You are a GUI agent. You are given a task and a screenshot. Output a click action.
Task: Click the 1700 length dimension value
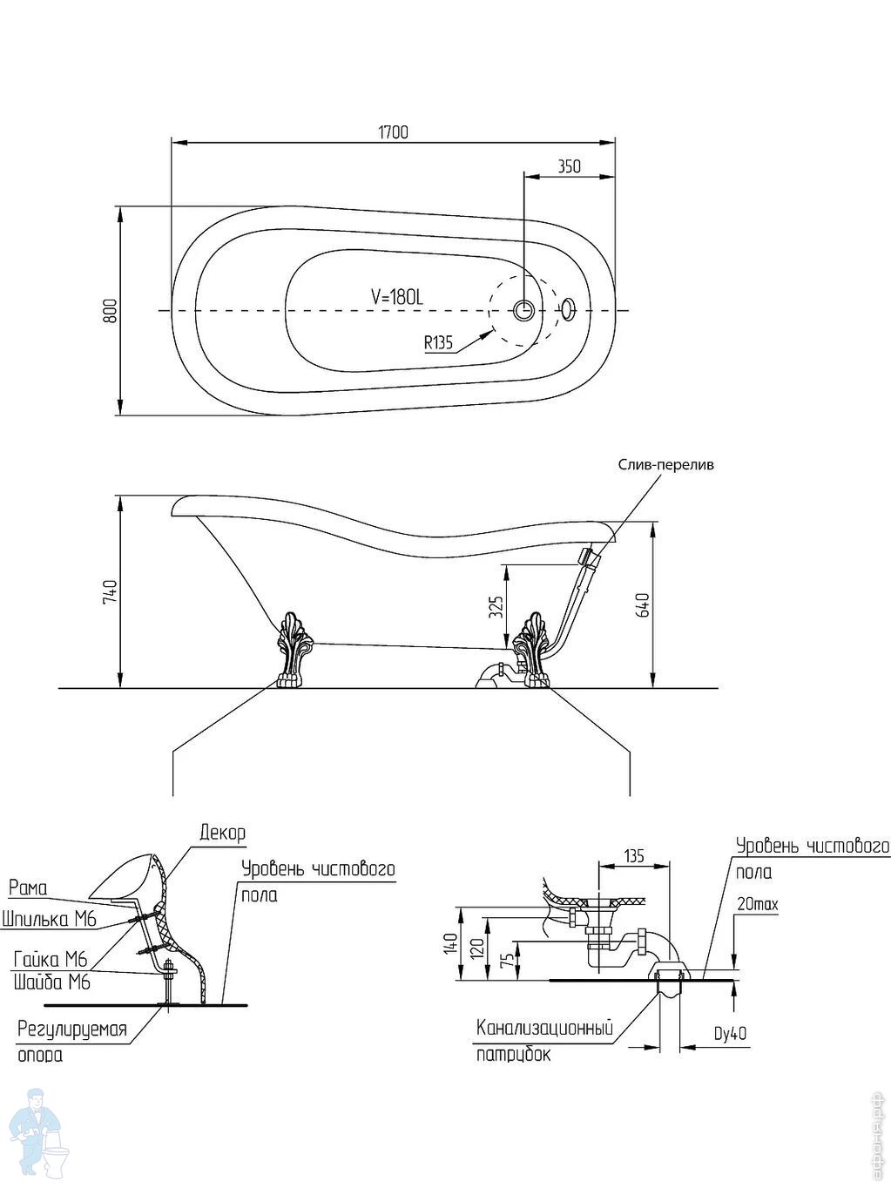click(x=393, y=132)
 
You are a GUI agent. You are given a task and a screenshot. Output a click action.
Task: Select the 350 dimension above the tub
click(x=569, y=166)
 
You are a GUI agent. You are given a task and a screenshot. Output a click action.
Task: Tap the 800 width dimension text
click(x=110, y=311)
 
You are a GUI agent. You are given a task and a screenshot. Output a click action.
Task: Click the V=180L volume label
click(x=396, y=297)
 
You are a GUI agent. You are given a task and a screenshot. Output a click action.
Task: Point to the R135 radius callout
click(x=439, y=342)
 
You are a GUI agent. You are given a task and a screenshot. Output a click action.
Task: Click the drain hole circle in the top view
click(x=524, y=310)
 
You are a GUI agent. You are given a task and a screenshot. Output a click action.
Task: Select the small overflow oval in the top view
click(x=568, y=309)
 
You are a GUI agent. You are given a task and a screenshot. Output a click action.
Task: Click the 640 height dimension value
click(x=644, y=604)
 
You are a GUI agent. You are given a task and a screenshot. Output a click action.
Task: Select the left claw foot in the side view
click(x=290, y=650)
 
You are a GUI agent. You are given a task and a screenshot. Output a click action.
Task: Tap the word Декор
click(x=222, y=833)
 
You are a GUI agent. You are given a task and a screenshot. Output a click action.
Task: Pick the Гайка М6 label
click(x=51, y=960)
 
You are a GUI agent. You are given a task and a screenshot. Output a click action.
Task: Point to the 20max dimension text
click(x=757, y=905)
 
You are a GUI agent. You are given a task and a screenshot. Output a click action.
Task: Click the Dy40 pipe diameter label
click(x=731, y=1034)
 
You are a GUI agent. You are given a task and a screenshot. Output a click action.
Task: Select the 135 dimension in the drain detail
click(x=634, y=856)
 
